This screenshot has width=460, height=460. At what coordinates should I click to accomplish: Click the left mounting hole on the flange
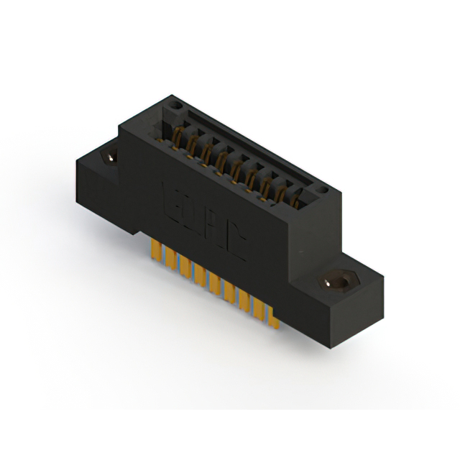111,157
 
